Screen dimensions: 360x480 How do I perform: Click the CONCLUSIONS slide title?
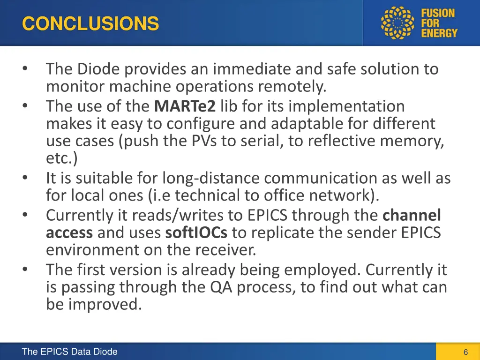pyautogui.click(x=90, y=23)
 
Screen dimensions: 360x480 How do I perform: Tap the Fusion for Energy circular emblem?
pyautogui.click(x=398, y=23)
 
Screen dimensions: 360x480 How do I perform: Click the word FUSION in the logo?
pyautogui.click(x=438, y=13)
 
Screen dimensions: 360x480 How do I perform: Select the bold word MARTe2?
pyautogui.click(x=185, y=106)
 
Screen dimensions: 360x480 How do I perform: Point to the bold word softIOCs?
pyautogui.click(x=197, y=232)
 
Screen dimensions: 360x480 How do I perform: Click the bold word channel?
pyautogui.click(x=412, y=215)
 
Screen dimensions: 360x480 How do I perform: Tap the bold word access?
pyautogui.click(x=69, y=232)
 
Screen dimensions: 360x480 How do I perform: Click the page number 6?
pyautogui.click(x=465, y=352)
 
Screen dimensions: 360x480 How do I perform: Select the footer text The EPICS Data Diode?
pyautogui.click(x=69, y=352)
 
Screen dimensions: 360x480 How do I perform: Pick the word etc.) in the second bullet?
pyautogui.click(x=62, y=158)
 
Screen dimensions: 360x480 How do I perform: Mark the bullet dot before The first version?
pyautogui.click(x=25, y=270)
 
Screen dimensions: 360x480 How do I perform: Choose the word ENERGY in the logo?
pyautogui.click(x=439, y=33)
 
